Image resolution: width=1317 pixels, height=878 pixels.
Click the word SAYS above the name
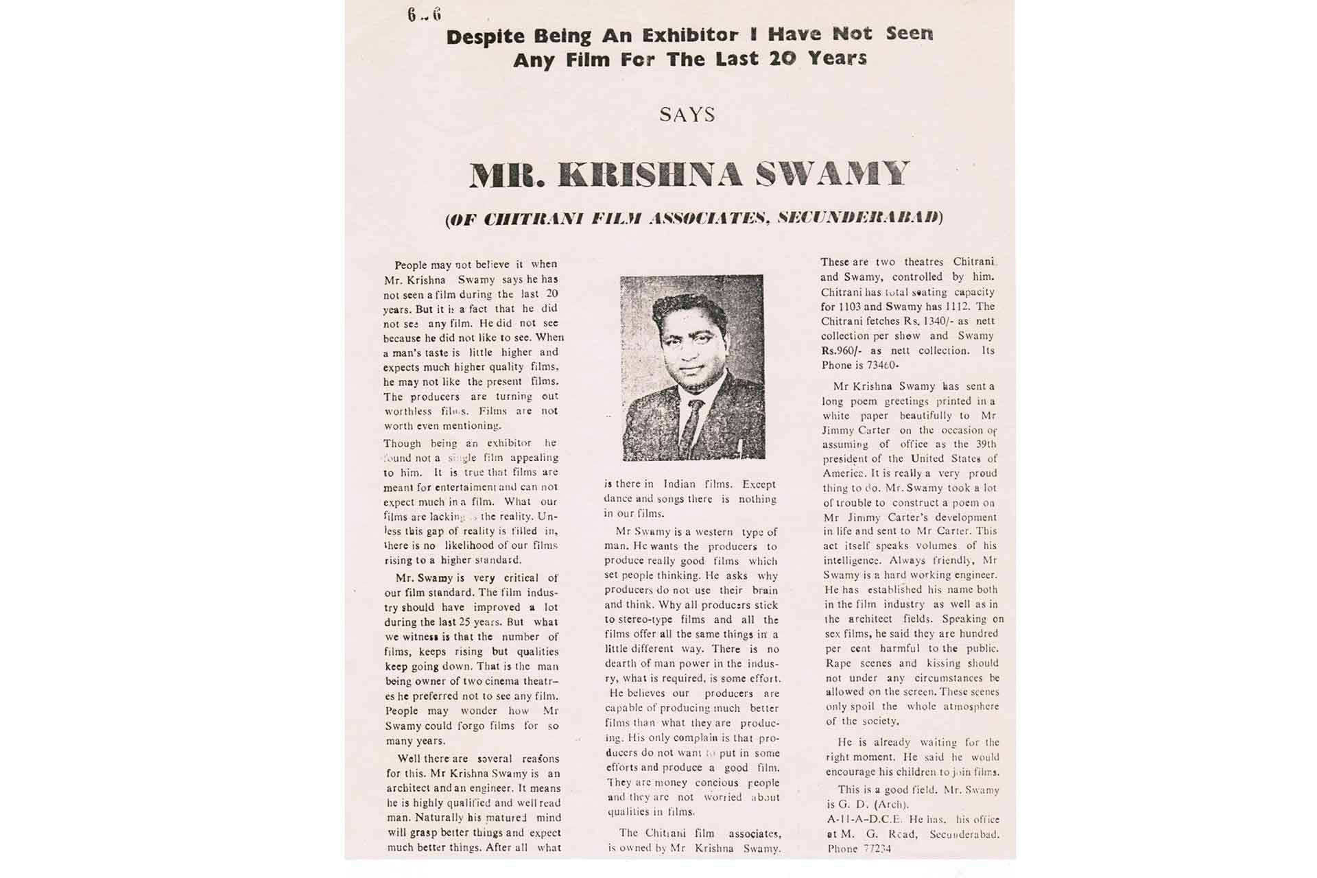687,115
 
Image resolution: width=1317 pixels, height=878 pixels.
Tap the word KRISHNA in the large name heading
651,174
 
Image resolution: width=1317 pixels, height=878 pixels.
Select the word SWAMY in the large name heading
832,174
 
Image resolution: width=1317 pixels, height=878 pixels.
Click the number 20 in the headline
782,59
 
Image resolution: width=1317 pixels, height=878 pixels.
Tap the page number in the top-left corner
424,14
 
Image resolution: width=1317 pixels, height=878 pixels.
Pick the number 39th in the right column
986,444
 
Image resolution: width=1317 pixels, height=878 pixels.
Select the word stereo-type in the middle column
641,619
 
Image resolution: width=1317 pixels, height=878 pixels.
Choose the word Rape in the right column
838,663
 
